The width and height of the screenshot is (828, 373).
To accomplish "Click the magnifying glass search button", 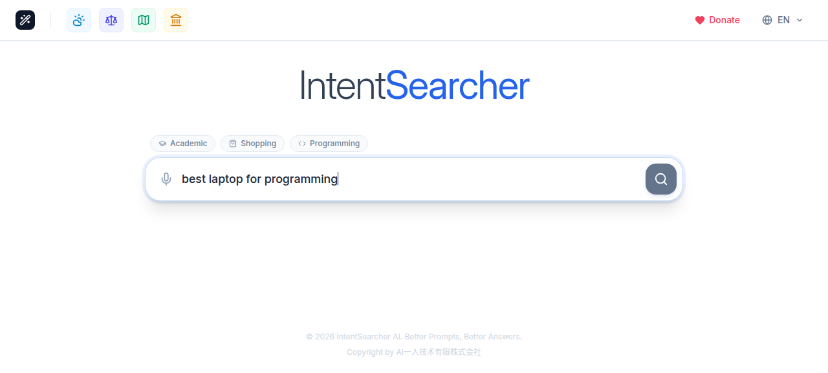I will (x=660, y=179).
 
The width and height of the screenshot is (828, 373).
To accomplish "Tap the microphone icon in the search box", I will (x=166, y=179).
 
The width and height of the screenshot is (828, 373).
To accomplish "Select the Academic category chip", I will (x=183, y=144).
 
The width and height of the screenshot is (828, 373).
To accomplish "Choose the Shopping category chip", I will (x=252, y=144).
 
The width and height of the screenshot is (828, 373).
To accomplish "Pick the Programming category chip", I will (x=329, y=144).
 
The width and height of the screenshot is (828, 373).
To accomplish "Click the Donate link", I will (x=724, y=20).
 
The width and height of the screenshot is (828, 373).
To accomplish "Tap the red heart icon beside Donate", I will (x=699, y=20).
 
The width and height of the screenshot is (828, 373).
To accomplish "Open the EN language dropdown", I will (x=783, y=20).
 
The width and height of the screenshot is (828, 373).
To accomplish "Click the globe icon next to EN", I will (x=767, y=20).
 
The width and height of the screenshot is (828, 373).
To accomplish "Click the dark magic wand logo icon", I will (x=25, y=20).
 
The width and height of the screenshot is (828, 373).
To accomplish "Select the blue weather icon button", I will (x=79, y=20).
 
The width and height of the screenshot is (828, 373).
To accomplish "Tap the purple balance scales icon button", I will (x=111, y=20).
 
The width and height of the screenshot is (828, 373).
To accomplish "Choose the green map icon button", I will (x=144, y=20).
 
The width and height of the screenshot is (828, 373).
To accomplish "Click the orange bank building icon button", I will (x=176, y=20).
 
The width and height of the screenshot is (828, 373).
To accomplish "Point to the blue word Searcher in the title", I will (x=457, y=86).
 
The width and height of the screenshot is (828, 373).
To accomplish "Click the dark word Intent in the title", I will (x=342, y=86).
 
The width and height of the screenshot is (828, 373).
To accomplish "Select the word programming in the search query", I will (x=301, y=179).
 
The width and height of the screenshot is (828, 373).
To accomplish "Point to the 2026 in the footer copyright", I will (x=324, y=337).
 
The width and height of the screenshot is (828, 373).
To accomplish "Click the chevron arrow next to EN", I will (x=800, y=20).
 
